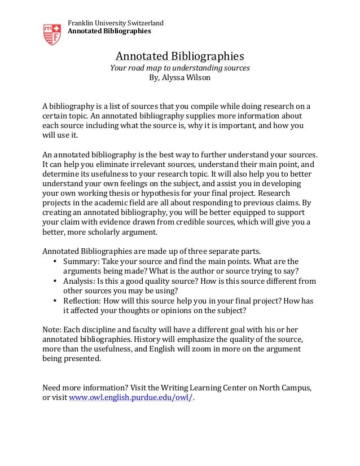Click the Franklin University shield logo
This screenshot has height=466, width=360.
(x=52, y=34)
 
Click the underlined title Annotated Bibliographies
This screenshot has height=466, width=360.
(x=179, y=56)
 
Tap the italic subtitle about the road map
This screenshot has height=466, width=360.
(x=179, y=68)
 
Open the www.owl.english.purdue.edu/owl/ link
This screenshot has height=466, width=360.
(x=131, y=397)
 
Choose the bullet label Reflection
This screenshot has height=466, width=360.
(x=82, y=301)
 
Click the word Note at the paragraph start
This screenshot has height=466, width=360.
(x=51, y=329)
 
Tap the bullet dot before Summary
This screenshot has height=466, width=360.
(x=55, y=262)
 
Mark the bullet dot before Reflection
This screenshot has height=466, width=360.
(x=55, y=301)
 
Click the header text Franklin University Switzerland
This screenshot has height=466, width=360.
(x=116, y=23)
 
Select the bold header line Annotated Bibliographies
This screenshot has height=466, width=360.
(x=109, y=31)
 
